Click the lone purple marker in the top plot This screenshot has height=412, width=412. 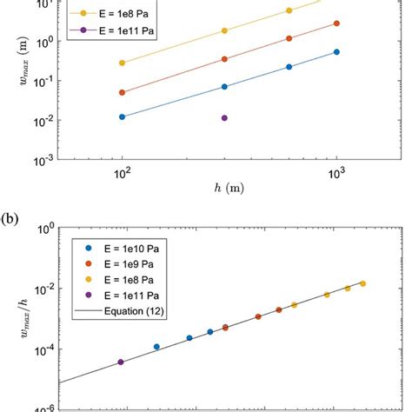(224, 118)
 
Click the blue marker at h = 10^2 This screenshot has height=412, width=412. (123, 116)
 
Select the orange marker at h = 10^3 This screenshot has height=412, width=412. (336, 23)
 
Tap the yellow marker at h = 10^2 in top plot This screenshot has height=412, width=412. (123, 63)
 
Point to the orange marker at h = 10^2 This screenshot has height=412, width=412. (123, 92)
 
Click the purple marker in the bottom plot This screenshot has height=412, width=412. (121, 362)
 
